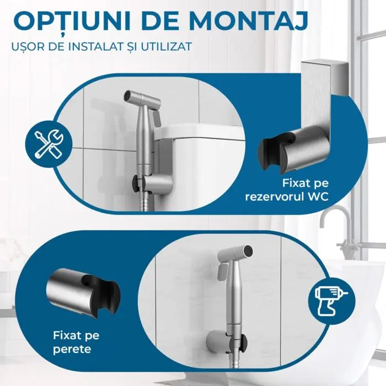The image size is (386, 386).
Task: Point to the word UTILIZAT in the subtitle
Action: coord(166,46)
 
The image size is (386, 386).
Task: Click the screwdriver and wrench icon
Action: coord(49,144)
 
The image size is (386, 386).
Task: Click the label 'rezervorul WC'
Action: coord(287,197)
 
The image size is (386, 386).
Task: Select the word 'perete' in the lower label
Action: coord(72,349)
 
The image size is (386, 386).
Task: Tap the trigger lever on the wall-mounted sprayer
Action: coord(222,271)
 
